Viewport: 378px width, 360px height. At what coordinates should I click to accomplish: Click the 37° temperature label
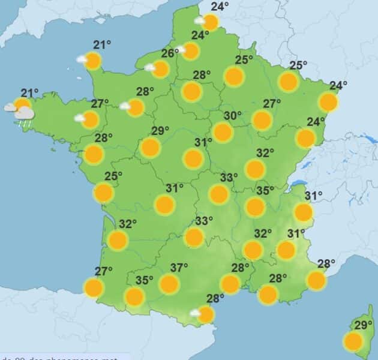coord(179,267)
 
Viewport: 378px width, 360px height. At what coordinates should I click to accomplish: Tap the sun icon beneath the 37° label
coord(169,284)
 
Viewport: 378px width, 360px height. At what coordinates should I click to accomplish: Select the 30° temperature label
coord(233,116)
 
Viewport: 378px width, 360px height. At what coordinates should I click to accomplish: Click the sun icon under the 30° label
coord(223,132)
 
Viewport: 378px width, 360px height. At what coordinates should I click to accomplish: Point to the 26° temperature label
coord(170,53)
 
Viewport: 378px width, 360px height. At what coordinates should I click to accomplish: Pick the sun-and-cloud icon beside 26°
coord(160,70)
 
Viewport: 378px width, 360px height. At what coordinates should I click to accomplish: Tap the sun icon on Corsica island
coord(353,342)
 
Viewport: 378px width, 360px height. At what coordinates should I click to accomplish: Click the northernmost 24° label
coord(220,7)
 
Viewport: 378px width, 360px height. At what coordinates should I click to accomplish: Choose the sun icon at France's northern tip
coord(209,23)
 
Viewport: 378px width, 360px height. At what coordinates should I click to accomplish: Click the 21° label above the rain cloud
coord(29,92)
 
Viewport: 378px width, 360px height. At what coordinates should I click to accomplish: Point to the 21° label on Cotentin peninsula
coord(103,44)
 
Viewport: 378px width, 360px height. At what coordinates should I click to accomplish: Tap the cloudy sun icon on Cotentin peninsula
coord(92,61)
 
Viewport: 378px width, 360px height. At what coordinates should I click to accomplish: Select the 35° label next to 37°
coord(144,280)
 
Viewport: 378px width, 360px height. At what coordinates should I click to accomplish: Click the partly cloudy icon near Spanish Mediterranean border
coord(205,314)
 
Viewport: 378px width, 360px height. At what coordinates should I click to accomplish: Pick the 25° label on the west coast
coord(113,176)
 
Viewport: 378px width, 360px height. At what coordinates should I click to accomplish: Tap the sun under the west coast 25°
coord(104,193)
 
